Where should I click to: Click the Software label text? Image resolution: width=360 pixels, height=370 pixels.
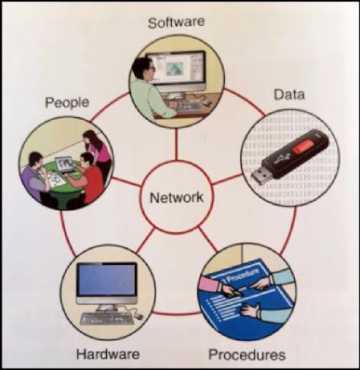click(x=176, y=22)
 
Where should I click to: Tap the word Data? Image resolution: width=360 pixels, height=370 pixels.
click(x=289, y=95)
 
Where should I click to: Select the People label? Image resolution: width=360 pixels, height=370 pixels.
click(x=67, y=103)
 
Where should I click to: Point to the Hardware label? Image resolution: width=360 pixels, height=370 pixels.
click(x=107, y=354)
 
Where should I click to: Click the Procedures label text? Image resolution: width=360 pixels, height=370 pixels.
click(x=247, y=355)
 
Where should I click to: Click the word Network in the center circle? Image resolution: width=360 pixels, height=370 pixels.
click(x=176, y=198)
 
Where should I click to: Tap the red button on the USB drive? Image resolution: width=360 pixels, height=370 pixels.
click(x=303, y=147)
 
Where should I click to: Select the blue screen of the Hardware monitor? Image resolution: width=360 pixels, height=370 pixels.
click(x=107, y=279)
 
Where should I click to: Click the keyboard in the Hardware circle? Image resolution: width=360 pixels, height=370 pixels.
click(x=107, y=318)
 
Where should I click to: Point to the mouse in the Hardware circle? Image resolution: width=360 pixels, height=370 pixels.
click(x=139, y=317)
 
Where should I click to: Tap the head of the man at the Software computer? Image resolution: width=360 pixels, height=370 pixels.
click(x=143, y=68)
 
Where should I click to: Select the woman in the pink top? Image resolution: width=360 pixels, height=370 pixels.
click(x=98, y=151)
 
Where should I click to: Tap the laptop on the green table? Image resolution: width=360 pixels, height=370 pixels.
click(x=64, y=165)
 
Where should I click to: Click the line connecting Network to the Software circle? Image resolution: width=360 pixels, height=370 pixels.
click(x=176, y=144)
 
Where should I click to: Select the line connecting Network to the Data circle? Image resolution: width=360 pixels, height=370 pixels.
click(x=227, y=180)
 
